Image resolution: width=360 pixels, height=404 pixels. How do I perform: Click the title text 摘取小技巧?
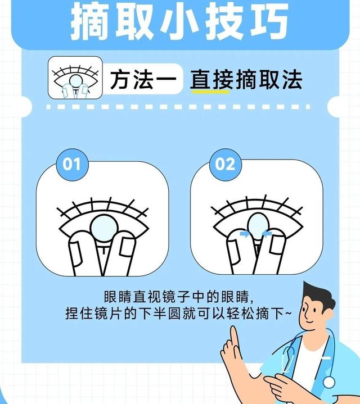click(180, 21)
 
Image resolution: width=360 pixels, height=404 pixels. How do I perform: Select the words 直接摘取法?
click(246, 80)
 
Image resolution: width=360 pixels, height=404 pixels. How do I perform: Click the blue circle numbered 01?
click(71, 164)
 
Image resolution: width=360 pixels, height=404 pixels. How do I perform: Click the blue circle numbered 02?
click(225, 164)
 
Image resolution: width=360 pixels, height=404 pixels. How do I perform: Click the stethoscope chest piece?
click(329, 383)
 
